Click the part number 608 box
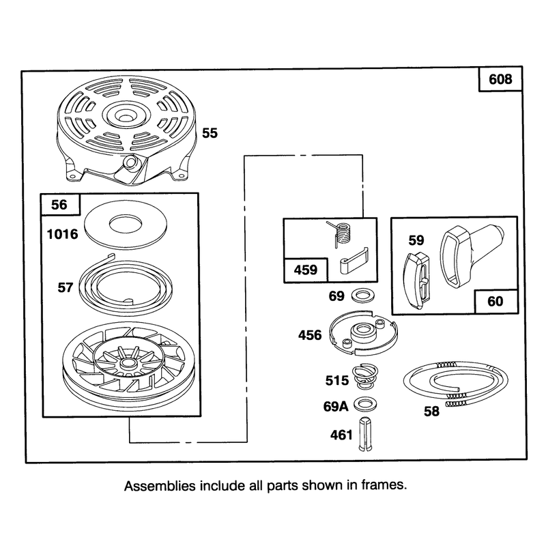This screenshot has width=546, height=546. [500, 79]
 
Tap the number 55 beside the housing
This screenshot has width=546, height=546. [210, 133]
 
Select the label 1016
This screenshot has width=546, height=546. [63, 234]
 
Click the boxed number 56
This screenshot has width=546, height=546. [59, 204]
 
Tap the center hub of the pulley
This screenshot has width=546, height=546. [128, 364]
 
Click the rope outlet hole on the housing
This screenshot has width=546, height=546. [131, 162]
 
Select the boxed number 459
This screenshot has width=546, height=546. [306, 270]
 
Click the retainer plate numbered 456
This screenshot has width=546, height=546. [363, 332]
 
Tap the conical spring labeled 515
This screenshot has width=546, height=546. [365, 377]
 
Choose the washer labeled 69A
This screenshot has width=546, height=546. [365, 405]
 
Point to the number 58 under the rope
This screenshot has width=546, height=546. [431, 412]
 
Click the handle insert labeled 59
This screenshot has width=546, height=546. [416, 281]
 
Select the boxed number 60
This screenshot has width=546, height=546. [495, 301]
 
